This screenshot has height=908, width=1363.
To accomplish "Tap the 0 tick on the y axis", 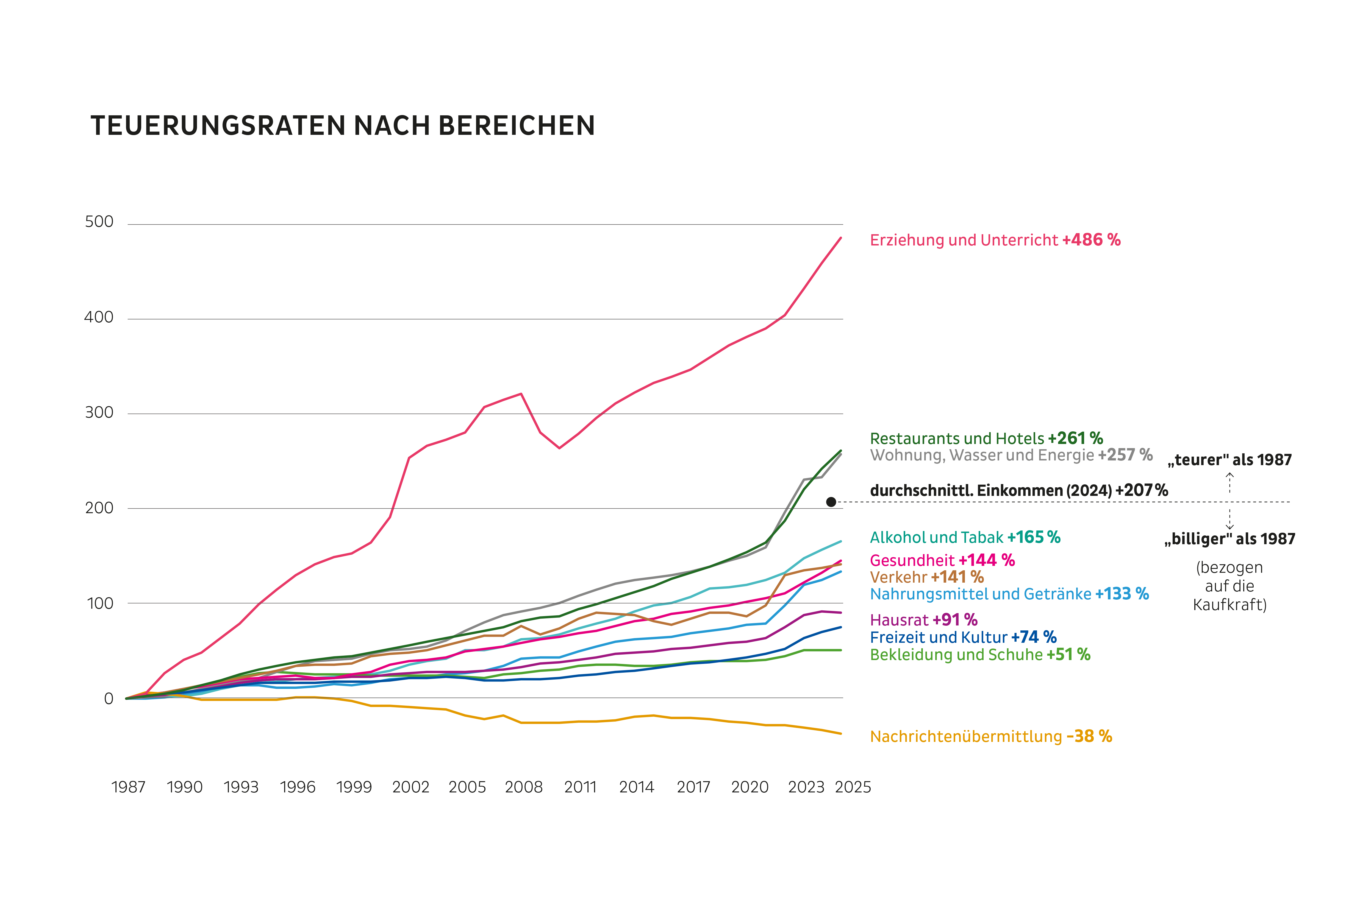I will coord(108,699).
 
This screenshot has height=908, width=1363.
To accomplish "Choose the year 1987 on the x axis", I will coord(128,786).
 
